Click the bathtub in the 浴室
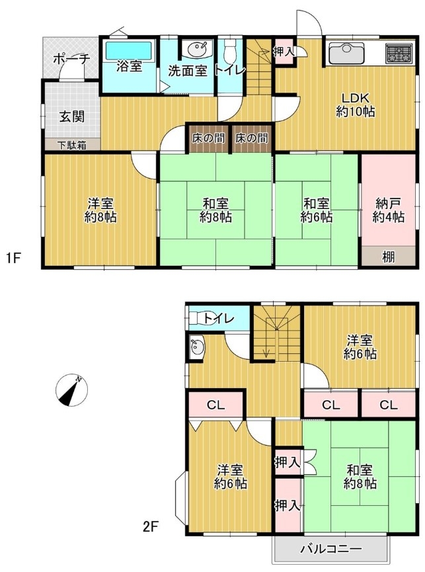click(x=129, y=50)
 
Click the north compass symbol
click(x=72, y=390)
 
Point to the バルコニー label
click(x=331, y=548)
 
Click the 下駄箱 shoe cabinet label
click(x=73, y=145)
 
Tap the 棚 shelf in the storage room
click(x=388, y=257)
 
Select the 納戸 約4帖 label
click(x=388, y=210)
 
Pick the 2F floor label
click(x=150, y=526)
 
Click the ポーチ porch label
click(x=71, y=59)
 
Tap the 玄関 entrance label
click(x=72, y=117)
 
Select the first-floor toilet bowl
click(x=230, y=50)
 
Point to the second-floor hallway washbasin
click(x=197, y=348)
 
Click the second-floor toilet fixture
click(x=199, y=319)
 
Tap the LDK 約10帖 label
click(x=355, y=104)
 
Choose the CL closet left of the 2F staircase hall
click(x=215, y=404)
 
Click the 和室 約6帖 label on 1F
click(x=317, y=210)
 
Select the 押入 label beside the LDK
click(x=284, y=52)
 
